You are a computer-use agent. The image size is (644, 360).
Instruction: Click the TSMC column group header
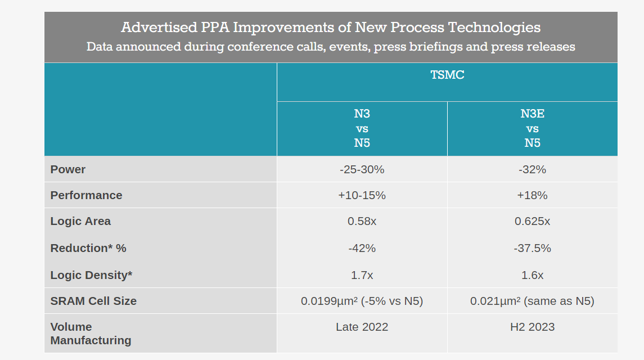click(447, 75)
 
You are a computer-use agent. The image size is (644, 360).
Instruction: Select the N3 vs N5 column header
click(362, 128)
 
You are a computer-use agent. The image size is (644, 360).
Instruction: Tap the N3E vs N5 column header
click(532, 128)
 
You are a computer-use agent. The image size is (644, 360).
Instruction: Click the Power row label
click(68, 169)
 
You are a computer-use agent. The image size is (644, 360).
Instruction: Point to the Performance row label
click(86, 195)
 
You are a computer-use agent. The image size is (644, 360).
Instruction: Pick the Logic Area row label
click(80, 221)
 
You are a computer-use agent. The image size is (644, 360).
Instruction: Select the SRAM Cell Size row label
click(93, 301)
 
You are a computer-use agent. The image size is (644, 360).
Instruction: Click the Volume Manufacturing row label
click(91, 334)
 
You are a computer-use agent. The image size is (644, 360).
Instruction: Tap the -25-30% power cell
click(362, 169)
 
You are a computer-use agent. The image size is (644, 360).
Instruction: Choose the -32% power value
click(532, 169)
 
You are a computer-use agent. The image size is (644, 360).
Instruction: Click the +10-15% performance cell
click(362, 195)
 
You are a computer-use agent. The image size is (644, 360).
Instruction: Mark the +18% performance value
click(532, 195)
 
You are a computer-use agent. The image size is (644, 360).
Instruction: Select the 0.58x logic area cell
click(362, 221)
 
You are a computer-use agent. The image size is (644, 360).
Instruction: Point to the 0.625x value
click(532, 221)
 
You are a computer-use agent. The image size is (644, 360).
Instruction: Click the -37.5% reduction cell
click(532, 248)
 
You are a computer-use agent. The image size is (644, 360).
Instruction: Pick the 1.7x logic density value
click(362, 275)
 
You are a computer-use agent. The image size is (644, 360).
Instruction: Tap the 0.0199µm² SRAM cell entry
click(362, 301)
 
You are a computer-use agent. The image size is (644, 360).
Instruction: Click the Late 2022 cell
click(362, 327)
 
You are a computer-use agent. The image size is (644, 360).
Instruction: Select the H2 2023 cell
click(532, 327)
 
